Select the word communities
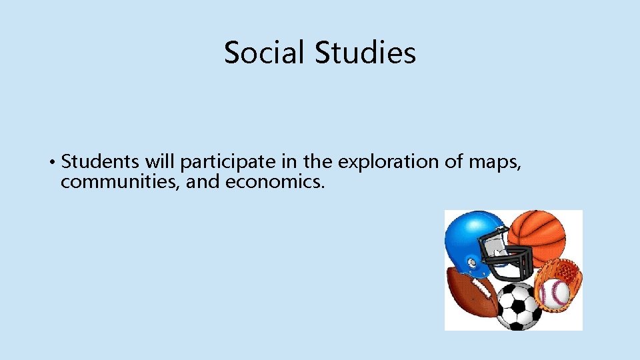pos(119,182)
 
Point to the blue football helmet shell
pos(470,237)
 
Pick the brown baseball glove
pos(563,273)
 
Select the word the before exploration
pos(320,162)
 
